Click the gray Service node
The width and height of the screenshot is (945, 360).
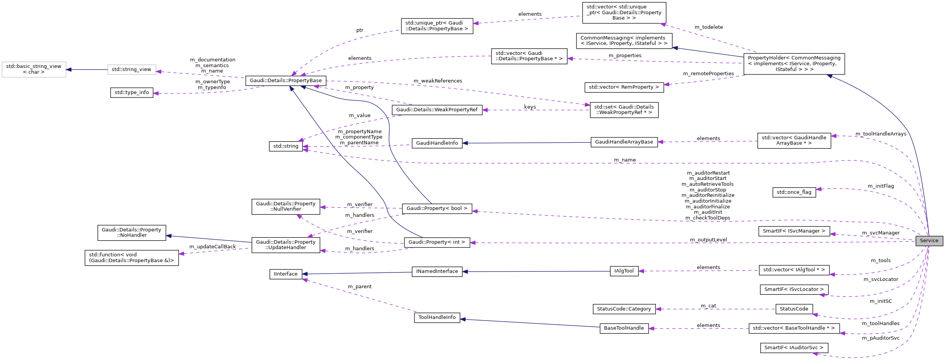[929, 241]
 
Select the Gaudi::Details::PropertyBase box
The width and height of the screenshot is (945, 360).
[286, 81]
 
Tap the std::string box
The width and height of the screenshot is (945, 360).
[286, 146]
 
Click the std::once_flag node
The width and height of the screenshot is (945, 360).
[794, 192]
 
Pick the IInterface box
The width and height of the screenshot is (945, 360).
[286, 274]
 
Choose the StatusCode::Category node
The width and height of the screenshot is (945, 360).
[624, 309]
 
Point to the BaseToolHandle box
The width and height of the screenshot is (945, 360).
[624, 328]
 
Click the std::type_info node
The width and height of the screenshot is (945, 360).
[132, 92]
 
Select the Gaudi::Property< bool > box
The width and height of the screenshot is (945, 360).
[437, 208]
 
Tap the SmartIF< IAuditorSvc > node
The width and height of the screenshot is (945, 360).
[794, 348]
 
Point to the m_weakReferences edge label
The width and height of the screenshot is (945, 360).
[437, 81]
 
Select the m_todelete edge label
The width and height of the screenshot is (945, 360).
[708, 27]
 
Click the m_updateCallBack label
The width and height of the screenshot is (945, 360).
[212, 247]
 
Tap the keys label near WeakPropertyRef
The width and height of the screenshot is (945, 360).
[530, 107]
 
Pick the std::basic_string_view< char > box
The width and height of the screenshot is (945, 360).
[34, 69]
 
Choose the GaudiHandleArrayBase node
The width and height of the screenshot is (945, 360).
[624, 142]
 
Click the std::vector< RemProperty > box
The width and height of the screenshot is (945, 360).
[624, 87]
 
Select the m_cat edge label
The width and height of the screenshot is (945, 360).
[708, 306]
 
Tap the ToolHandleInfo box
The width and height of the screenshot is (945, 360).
[437, 317]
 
